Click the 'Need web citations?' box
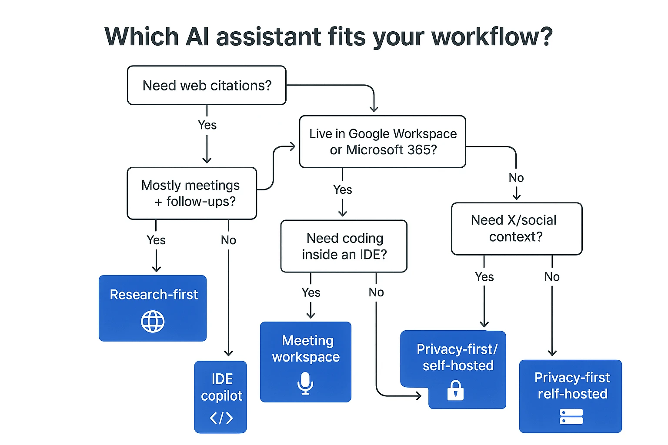(x=207, y=85)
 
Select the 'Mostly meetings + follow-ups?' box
(x=191, y=193)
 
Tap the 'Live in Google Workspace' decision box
(x=382, y=142)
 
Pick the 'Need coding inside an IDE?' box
(x=344, y=246)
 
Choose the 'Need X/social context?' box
(x=516, y=229)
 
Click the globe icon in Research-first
(x=153, y=322)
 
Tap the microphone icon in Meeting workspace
(x=305, y=383)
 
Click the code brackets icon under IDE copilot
(x=221, y=418)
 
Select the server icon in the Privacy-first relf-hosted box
(x=571, y=416)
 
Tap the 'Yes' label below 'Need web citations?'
(x=207, y=125)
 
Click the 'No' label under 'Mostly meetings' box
(x=228, y=240)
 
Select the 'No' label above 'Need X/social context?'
(x=516, y=178)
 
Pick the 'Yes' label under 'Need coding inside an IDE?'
(x=311, y=292)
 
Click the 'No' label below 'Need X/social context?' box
(x=552, y=277)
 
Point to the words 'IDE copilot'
(x=221, y=387)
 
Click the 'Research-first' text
(x=154, y=295)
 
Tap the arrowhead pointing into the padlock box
(x=419, y=395)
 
